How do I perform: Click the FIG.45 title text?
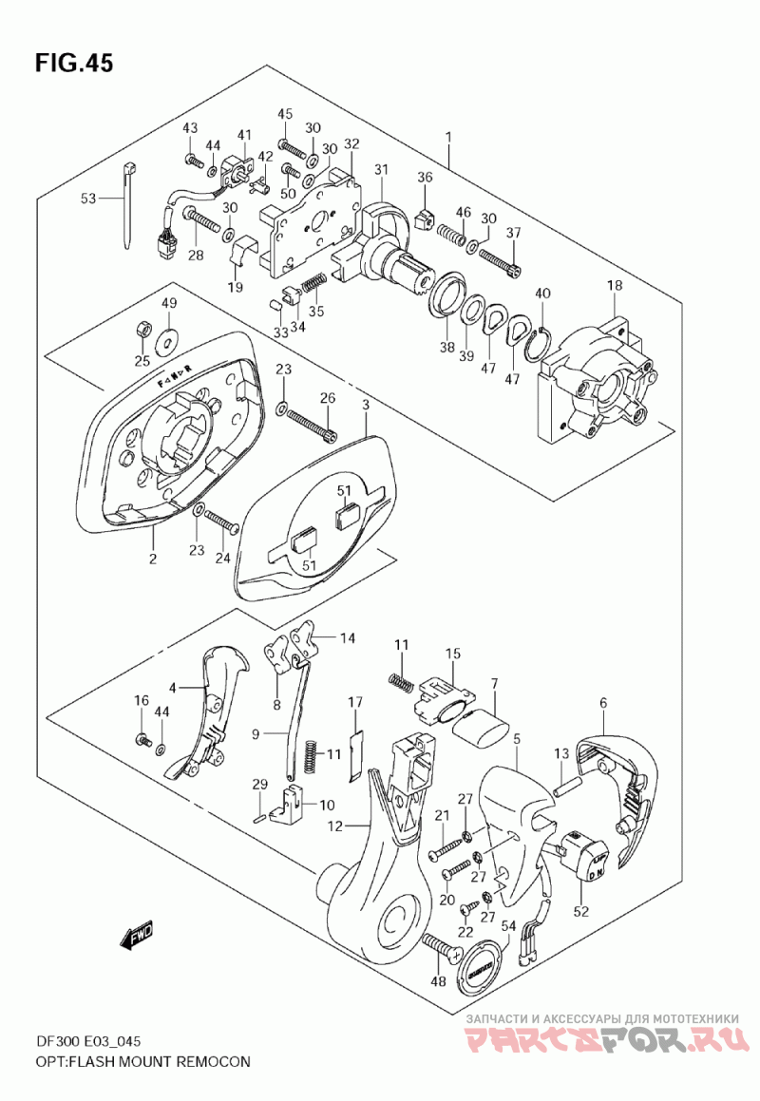tap(74, 64)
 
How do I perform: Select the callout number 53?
tap(88, 199)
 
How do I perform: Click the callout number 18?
tap(615, 286)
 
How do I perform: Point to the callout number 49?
tap(169, 303)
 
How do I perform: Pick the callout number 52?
tap(580, 912)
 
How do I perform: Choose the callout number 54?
tap(508, 925)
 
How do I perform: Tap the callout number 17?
tap(355, 702)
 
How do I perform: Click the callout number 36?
tap(425, 178)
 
